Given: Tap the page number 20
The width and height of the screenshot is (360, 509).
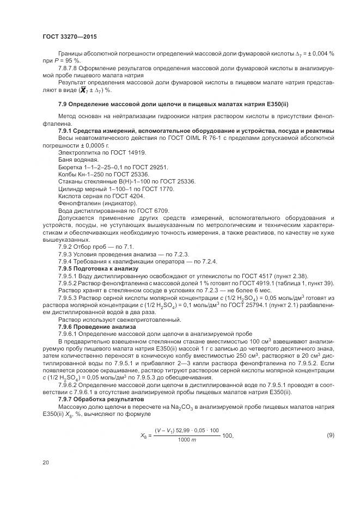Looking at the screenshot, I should (46, 462).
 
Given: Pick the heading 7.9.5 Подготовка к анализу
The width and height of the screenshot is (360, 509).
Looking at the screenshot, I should (99, 268).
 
